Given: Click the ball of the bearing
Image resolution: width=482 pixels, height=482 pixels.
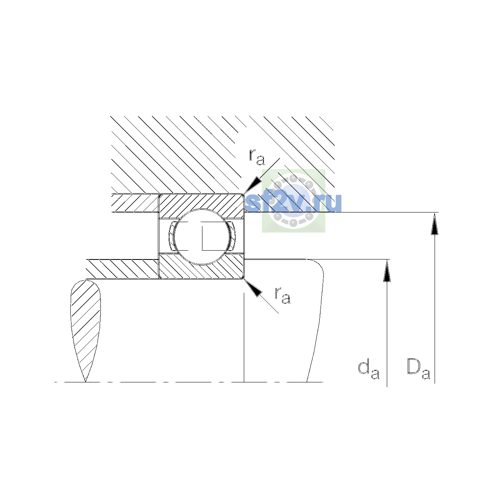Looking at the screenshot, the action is [202, 237].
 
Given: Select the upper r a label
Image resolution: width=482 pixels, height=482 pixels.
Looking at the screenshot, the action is [257, 157].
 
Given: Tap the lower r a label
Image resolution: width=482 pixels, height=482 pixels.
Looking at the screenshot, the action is [283, 295].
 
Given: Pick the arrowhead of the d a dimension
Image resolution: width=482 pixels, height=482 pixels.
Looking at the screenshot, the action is [387, 271].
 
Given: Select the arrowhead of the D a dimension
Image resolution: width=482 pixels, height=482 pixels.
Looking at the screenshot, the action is [435, 224].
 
